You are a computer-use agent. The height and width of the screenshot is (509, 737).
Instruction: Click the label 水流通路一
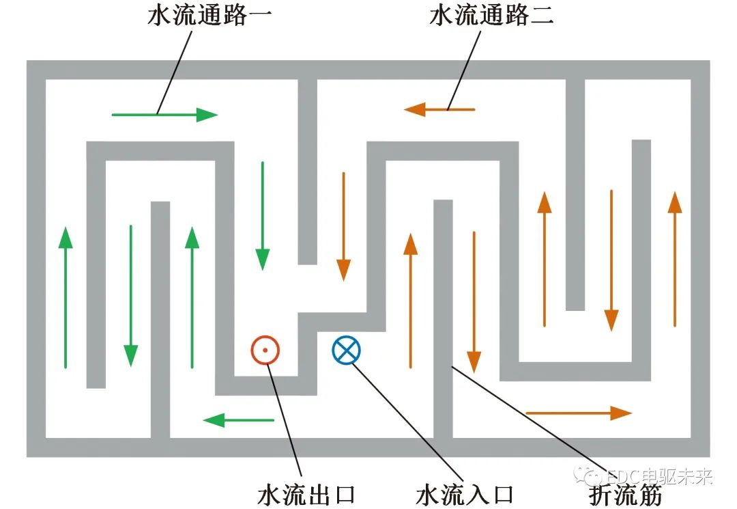pos(209,16)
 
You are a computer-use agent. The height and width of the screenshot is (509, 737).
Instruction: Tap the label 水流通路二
pos(492,16)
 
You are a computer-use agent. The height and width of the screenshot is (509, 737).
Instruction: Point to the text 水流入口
pos(465,494)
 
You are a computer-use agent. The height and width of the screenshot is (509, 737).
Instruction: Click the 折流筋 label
pos(624,495)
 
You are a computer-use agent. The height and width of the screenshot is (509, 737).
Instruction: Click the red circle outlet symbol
pos(265,350)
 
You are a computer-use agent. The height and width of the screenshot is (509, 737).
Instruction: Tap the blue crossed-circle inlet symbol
pos(347,350)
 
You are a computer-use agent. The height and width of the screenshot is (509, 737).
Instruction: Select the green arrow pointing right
pos(164,115)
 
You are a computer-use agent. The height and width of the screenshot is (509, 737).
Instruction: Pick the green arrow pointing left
pos(239,419)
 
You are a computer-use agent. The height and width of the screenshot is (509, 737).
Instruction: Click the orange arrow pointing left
pos(439,109)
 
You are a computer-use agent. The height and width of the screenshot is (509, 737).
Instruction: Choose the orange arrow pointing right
pos(579,412)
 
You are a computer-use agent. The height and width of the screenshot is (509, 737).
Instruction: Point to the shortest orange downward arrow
pos(343,225)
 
